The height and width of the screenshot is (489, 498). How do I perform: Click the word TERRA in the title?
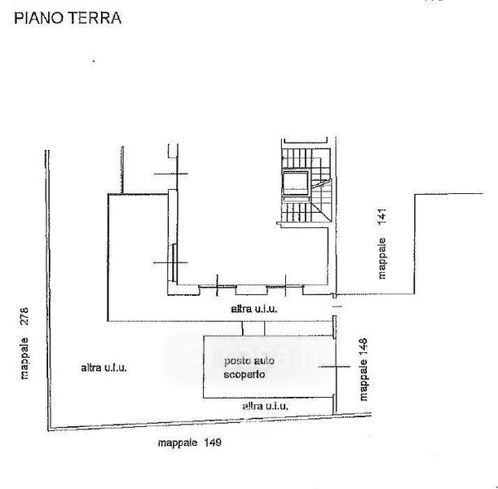click(x=96, y=18)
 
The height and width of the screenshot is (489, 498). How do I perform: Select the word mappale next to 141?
click(x=382, y=259)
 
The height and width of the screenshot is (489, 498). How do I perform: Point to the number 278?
click(x=24, y=318)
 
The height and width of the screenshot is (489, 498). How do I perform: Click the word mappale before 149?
click(x=177, y=443)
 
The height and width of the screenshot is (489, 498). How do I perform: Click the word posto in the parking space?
click(x=239, y=360)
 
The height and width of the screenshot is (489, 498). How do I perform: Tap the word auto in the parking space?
click(x=269, y=360)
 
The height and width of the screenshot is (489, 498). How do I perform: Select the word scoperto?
click(x=245, y=375)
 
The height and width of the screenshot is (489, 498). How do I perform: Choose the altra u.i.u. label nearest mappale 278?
click(x=104, y=368)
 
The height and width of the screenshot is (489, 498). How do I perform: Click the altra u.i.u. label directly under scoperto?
click(x=265, y=405)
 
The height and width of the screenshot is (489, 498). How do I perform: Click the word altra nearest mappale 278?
click(x=90, y=368)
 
